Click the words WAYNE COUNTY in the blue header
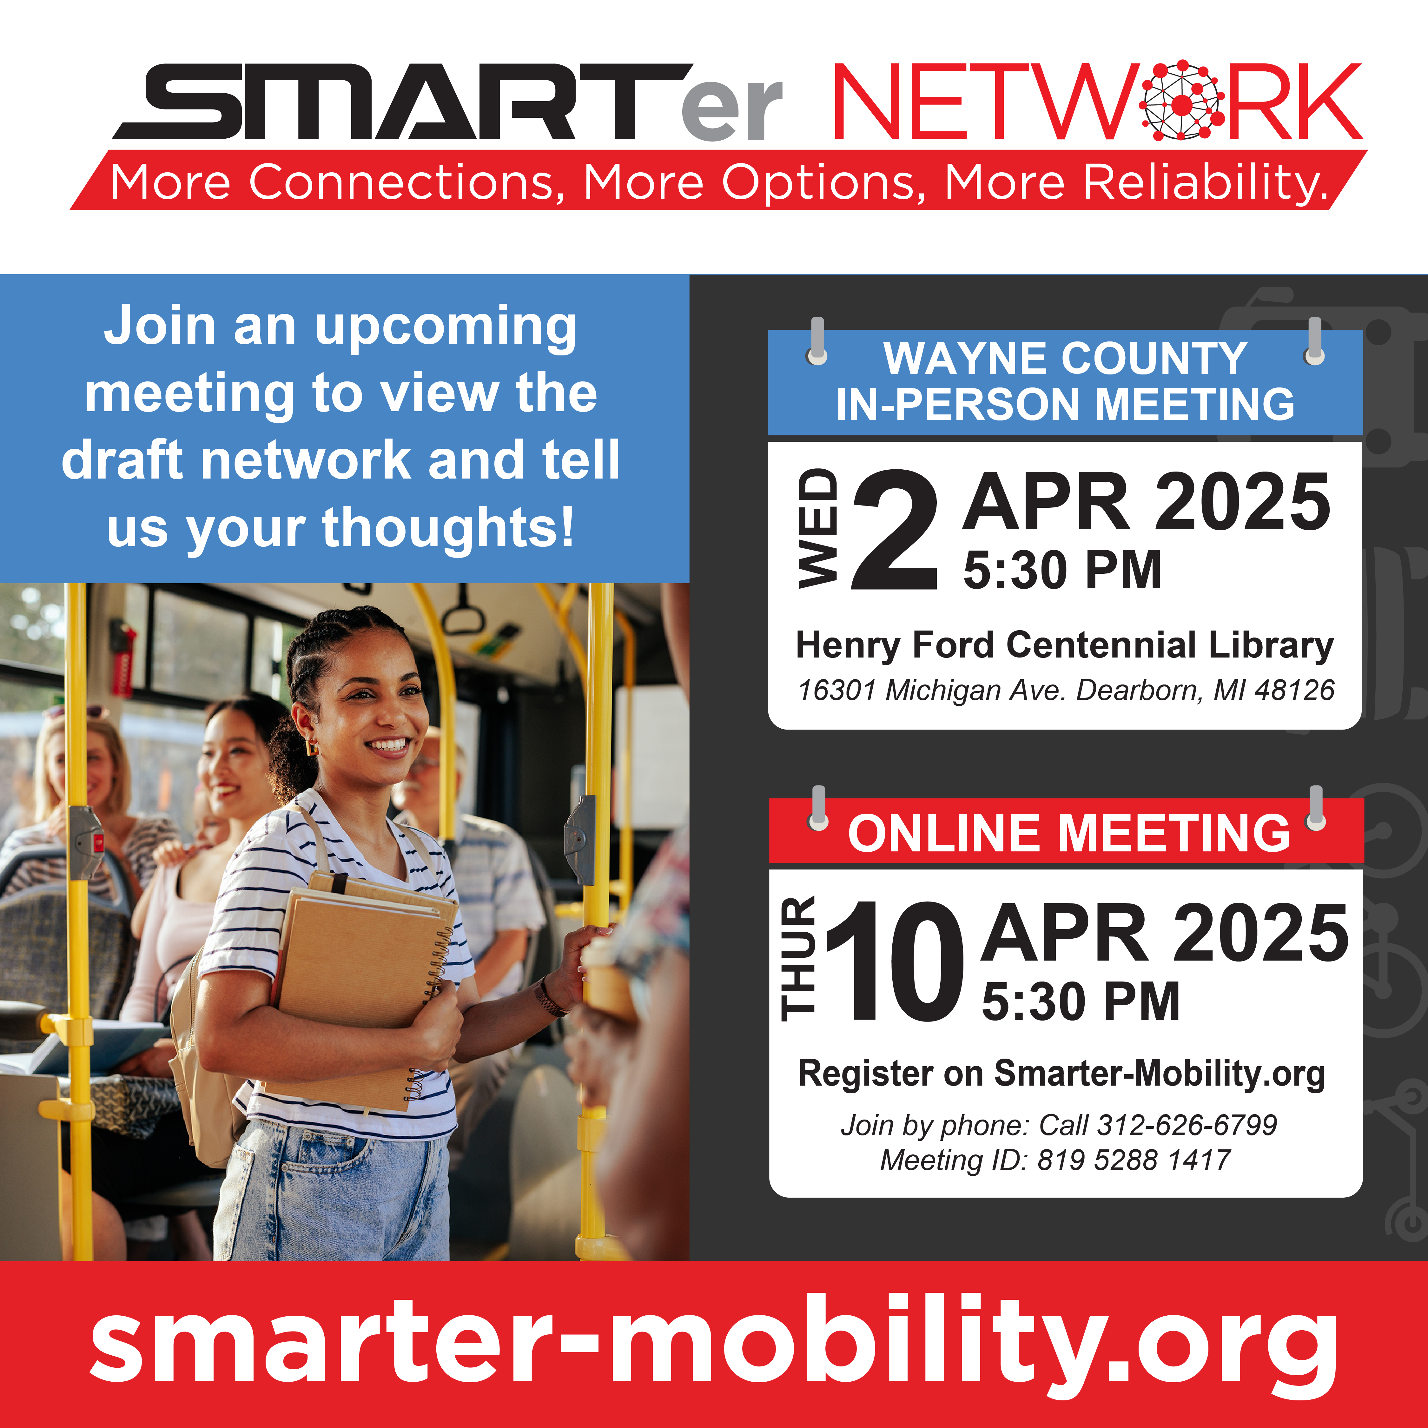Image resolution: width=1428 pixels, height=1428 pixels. pyautogui.click(x=1065, y=359)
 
